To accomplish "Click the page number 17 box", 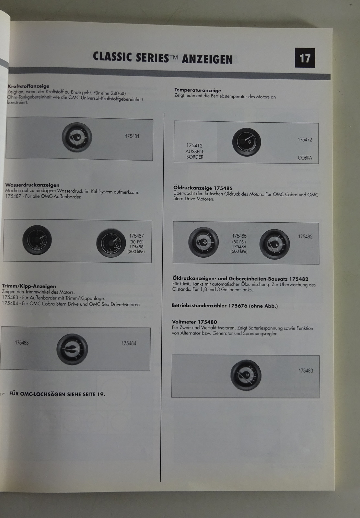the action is (x=305, y=58).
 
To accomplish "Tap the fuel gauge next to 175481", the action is (x=77, y=137).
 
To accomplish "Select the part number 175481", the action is (x=132, y=136).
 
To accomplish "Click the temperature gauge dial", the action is (x=246, y=142).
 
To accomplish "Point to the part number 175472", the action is (x=305, y=140).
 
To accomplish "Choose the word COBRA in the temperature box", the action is (x=305, y=158).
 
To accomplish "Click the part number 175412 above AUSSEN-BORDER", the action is (x=194, y=145).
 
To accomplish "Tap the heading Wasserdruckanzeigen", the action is (x=32, y=185).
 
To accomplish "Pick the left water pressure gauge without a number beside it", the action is (x=37, y=240).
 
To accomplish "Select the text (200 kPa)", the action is (x=136, y=252).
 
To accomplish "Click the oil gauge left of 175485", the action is (x=203, y=242).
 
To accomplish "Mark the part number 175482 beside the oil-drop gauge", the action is (x=305, y=237).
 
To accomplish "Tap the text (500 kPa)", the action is (x=239, y=251).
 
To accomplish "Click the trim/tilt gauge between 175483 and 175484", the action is (x=72, y=349).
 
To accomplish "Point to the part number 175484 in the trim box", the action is (x=129, y=343).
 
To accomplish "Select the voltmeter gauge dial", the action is (x=246, y=375).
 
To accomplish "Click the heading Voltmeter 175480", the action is (x=194, y=322).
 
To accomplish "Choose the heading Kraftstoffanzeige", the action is (x=28, y=86).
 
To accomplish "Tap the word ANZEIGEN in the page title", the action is (x=207, y=59).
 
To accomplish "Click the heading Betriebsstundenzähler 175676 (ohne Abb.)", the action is (x=225, y=306).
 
